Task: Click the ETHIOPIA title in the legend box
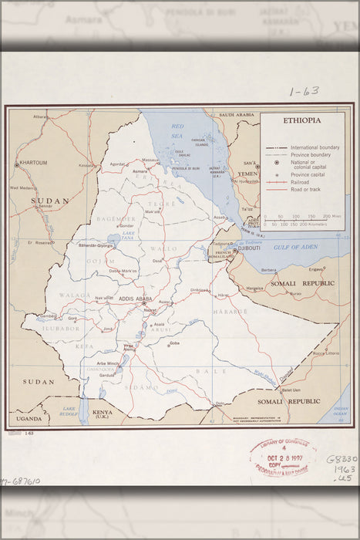point(302,121)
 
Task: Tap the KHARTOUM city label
point(32,163)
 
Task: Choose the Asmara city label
point(140,170)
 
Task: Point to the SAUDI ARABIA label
point(236,115)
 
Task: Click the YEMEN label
point(248,174)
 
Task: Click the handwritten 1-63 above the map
point(304,92)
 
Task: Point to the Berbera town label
point(269,270)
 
